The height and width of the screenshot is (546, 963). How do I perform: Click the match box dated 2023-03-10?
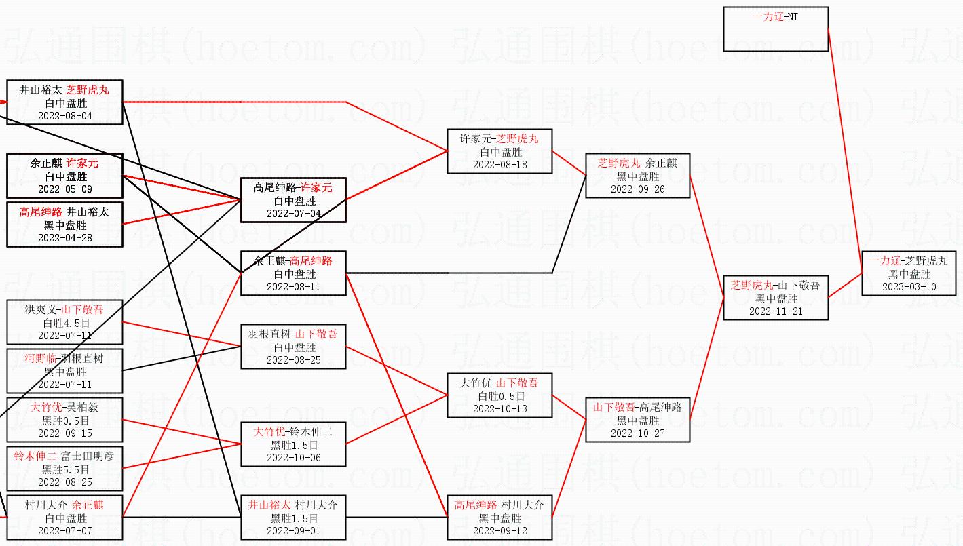909,273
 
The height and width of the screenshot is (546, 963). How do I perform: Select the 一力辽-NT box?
776,29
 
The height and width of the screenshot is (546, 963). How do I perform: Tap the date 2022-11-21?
775,311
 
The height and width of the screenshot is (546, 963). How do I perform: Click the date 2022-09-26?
637,189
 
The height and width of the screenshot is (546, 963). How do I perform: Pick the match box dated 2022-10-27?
637,421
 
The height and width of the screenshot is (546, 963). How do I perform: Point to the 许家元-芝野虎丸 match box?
499,151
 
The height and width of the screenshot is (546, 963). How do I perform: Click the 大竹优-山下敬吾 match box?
499,395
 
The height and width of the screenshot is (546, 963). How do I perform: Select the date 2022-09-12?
499,531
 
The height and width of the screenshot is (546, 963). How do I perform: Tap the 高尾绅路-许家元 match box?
293,200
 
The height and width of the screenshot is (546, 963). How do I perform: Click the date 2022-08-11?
293,287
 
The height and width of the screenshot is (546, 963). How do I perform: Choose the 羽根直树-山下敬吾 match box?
293,347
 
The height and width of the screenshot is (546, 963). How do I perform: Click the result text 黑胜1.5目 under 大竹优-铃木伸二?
293,445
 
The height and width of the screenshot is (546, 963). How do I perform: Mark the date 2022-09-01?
293,531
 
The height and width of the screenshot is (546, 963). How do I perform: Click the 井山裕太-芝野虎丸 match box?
64,102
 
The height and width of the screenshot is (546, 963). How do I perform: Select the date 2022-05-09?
64,189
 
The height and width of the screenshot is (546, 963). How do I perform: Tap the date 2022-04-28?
64,238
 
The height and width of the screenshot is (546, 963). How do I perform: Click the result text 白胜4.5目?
64,323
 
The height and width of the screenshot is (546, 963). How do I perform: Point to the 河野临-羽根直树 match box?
64,371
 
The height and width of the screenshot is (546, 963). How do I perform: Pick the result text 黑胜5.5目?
64,469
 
